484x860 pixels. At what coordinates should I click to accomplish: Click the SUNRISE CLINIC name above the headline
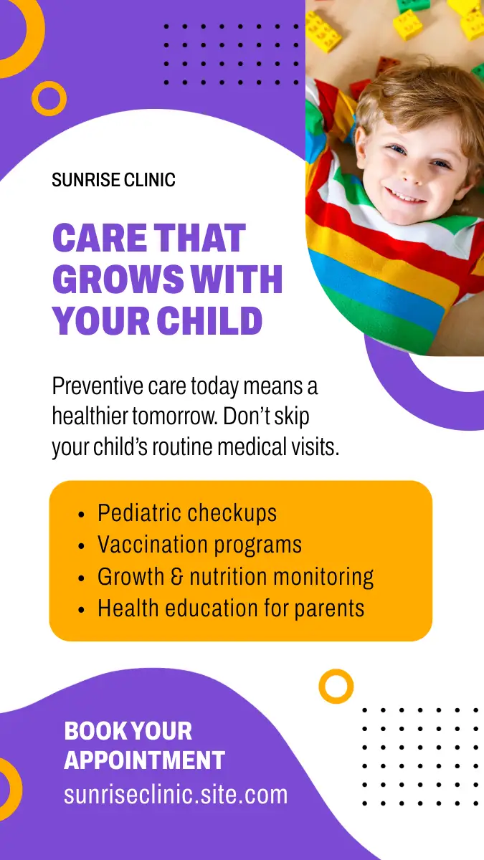[x=114, y=180]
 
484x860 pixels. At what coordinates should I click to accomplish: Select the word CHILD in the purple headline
[x=209, y=320]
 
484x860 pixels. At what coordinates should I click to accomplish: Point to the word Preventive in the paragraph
[x=98, y=386]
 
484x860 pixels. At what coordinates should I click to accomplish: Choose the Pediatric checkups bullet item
[x=187, y=512]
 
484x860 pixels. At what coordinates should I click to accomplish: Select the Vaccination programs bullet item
[x=200, y=545]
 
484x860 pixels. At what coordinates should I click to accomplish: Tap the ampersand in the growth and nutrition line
[x=176, y=577]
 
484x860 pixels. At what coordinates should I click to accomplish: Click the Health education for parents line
[x=231, y=608]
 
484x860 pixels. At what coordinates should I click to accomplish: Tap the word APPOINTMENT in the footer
[x=144, y=760]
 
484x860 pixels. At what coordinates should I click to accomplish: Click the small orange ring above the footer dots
[x=336, y=672]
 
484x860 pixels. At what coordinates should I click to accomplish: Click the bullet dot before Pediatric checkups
[x=80, y=515]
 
